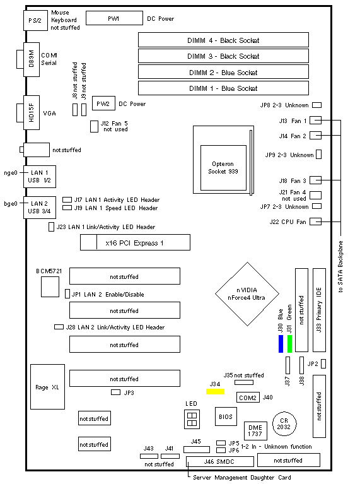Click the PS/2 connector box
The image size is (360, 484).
click(35, 20)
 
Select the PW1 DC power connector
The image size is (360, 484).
click(114, 18)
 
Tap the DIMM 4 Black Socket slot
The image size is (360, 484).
click(223, 40)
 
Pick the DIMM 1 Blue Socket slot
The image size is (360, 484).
click(223, 88)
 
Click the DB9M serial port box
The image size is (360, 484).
click(32, 59)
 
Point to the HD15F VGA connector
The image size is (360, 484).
click(32, 112)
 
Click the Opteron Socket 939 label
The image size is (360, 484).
click(223, 168)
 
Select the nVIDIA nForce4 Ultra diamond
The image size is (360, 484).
click(247, 294)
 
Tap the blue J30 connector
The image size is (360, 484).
click(281, 344)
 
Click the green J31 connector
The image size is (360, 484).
click(289, 344)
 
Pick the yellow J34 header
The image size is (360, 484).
click(216, 391)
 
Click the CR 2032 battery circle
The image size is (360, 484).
click(284, 424)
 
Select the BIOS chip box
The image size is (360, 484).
click(226, 416)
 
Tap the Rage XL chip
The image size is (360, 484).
click(47, 387)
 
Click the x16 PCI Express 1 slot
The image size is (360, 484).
click(135, 242)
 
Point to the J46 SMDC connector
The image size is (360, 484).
click(220, 461)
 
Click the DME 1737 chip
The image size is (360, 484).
click(255, 430)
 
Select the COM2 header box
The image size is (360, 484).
click(248, 398)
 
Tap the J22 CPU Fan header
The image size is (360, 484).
click(316, 221)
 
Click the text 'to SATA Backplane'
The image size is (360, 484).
click(340, 267)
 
